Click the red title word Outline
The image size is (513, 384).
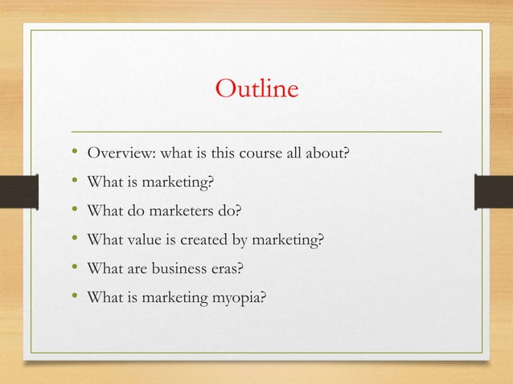click(256, 88)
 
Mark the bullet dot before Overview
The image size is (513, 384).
click(73, 153)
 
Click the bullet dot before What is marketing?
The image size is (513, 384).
click(73, 182)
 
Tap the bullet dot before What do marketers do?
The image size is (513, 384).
click(73, 210)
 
